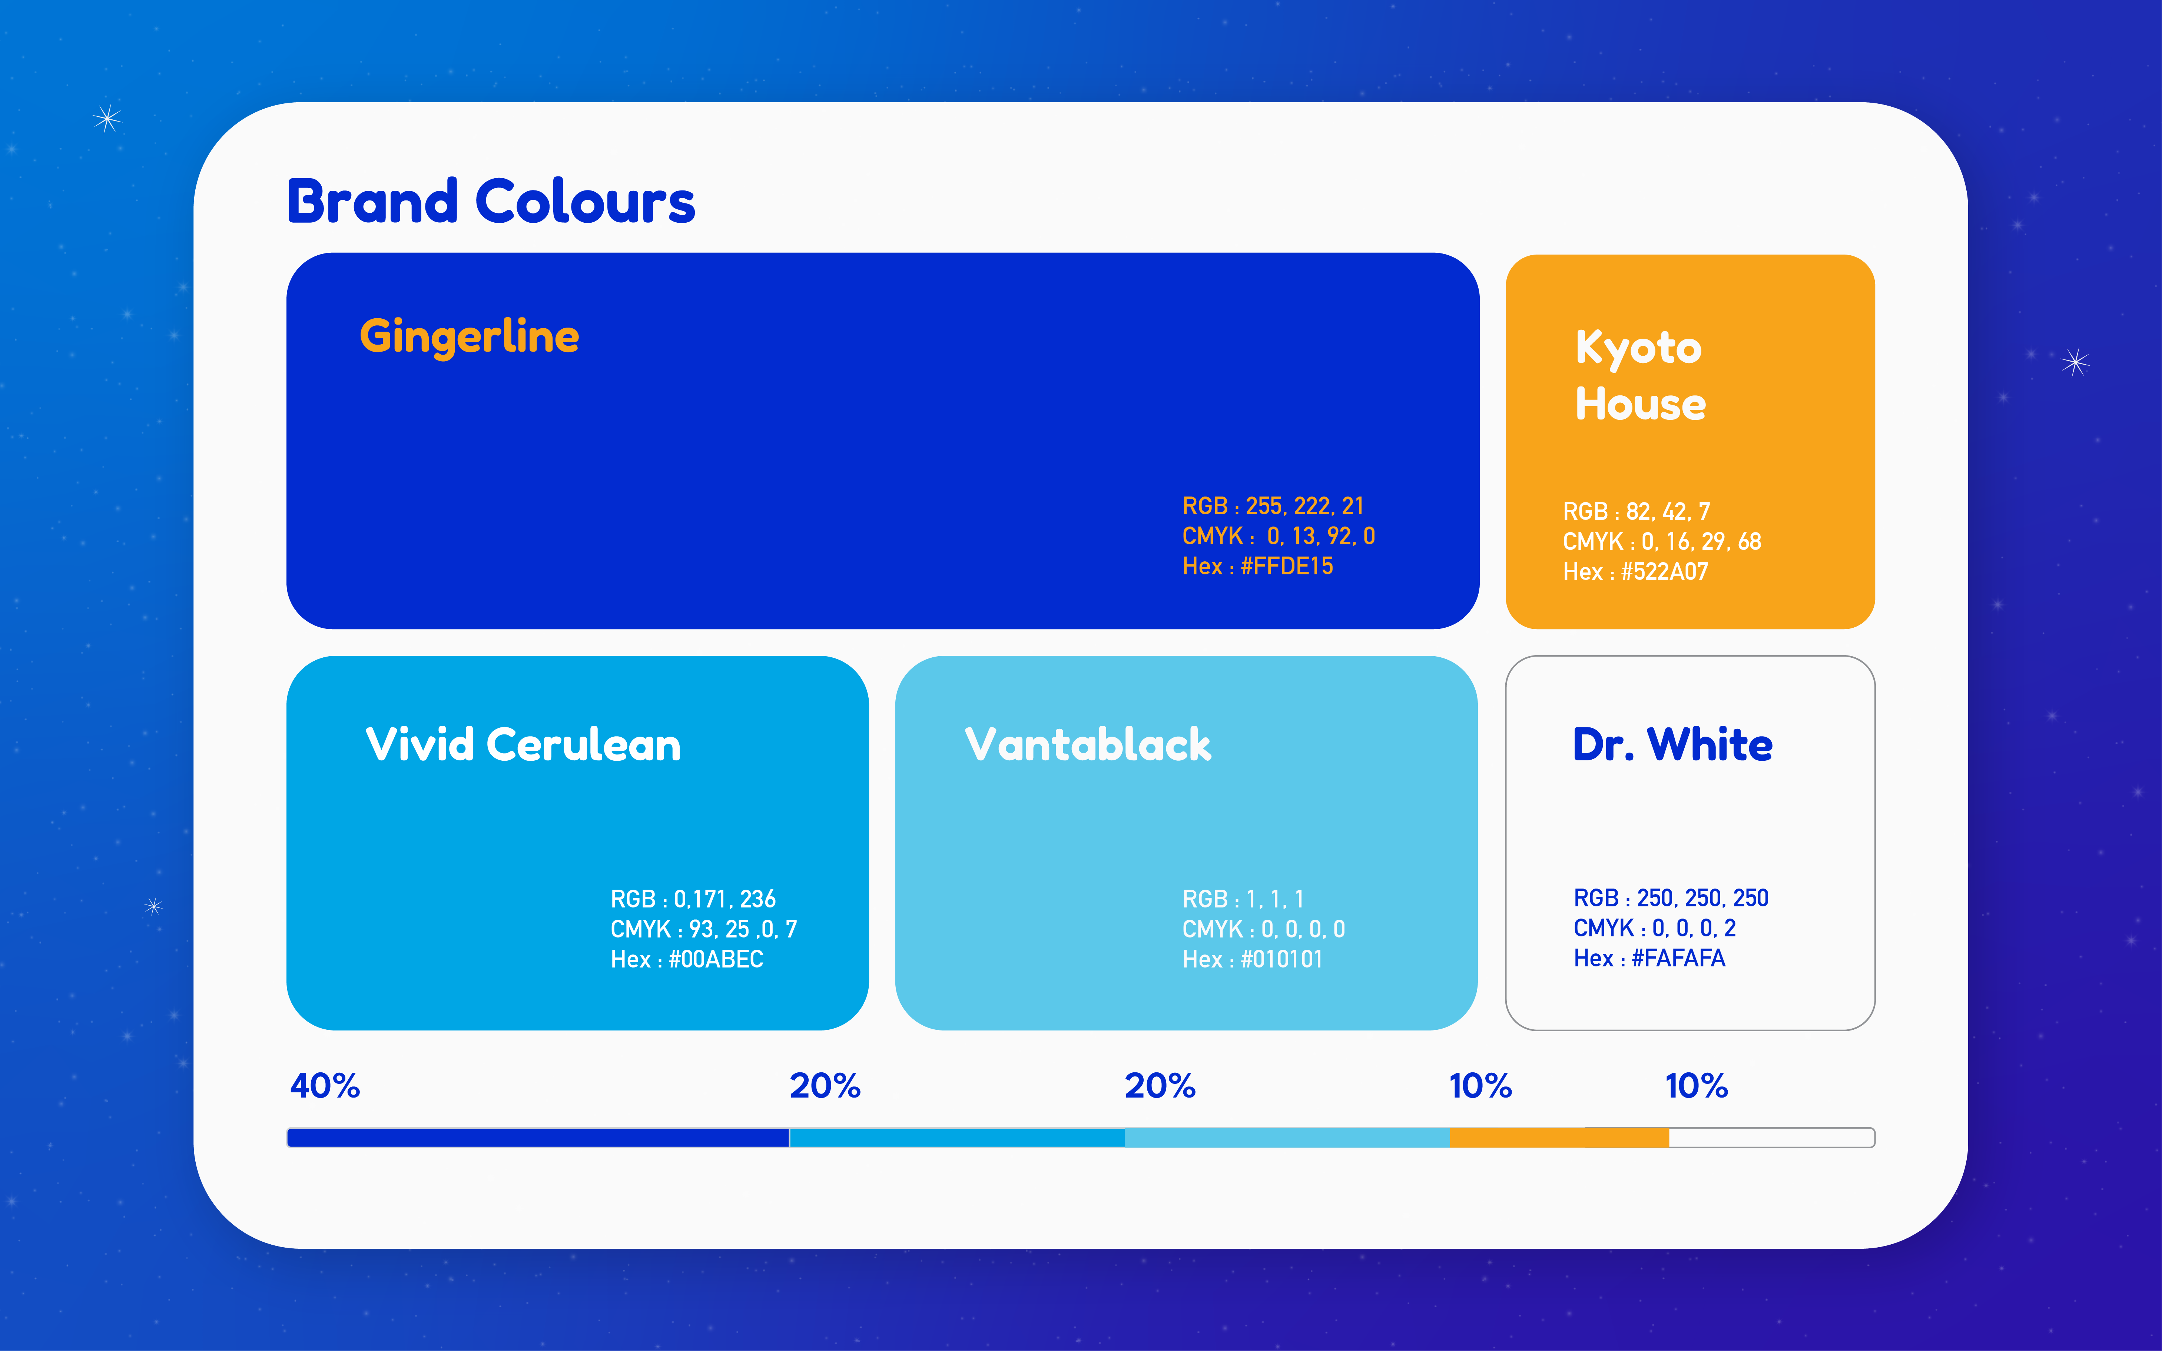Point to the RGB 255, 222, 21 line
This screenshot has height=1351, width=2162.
pos(1273,507)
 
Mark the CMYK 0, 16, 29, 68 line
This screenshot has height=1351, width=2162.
pos(1662,541)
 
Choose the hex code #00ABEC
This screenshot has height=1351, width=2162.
pos(716,960)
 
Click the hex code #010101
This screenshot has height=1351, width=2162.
pos(1281,960)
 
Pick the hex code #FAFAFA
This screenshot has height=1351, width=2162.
pos(1678,959)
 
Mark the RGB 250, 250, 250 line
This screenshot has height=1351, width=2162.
pos(1671,898)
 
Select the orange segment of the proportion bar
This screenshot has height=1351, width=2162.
pos(1559,1138)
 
